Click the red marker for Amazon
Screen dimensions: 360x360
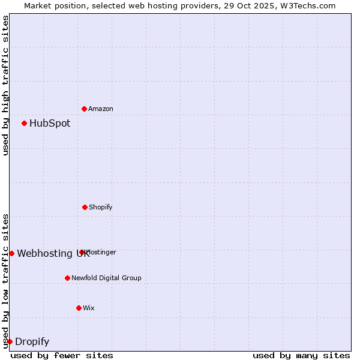tap(84, 109)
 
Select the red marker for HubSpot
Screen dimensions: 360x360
tap(24, 123)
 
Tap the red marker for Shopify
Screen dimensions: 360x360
tap(85, 207)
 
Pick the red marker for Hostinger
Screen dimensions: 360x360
tap(82, 252)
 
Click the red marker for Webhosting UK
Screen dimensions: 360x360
tap(11, 253)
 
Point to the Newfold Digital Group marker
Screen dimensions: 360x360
tap(67, 278)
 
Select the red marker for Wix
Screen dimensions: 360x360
tap(79, 308)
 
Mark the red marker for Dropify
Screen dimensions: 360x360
tap(10, 341)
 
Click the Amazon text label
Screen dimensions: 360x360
tap(101, 109)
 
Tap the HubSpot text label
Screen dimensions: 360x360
tap(50, 123)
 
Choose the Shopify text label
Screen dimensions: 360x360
tap(101, 207)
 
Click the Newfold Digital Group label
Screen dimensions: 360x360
tap(106, 278)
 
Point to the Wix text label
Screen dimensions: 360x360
tap(89, 308)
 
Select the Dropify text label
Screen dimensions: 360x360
tap(32, 341)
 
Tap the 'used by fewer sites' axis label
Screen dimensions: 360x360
tap(62, 355)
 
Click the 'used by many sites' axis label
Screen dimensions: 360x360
tap(301, 355)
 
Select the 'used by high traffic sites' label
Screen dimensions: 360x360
tap(5, 85)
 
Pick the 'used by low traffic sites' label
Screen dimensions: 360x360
tap(5, 280)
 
